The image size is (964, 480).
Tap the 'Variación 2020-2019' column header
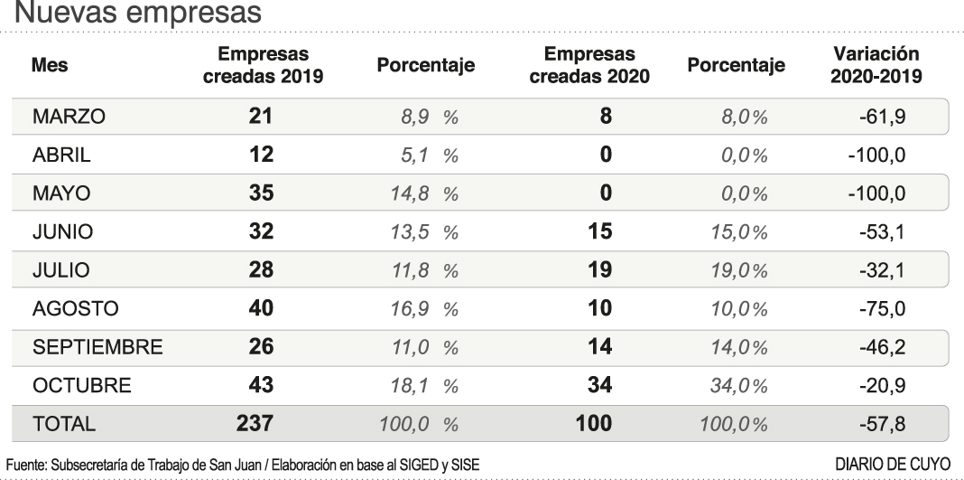point(876,65)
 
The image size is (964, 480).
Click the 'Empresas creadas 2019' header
point(263,65)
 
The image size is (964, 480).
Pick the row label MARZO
point(69,117)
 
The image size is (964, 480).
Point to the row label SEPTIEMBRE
point(97,347)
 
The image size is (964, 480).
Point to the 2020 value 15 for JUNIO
point(599,232)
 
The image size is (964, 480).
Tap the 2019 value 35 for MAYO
point(262,193)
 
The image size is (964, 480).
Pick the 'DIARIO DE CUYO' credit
point(894,464)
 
